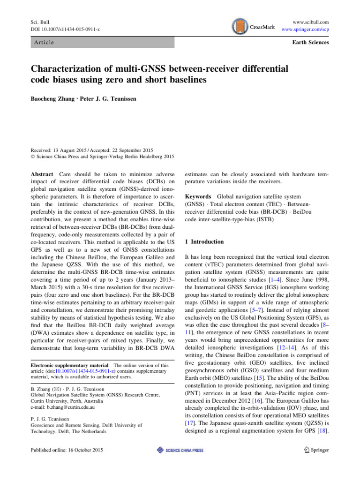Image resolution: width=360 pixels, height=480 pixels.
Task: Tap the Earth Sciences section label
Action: tap(310, 43)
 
